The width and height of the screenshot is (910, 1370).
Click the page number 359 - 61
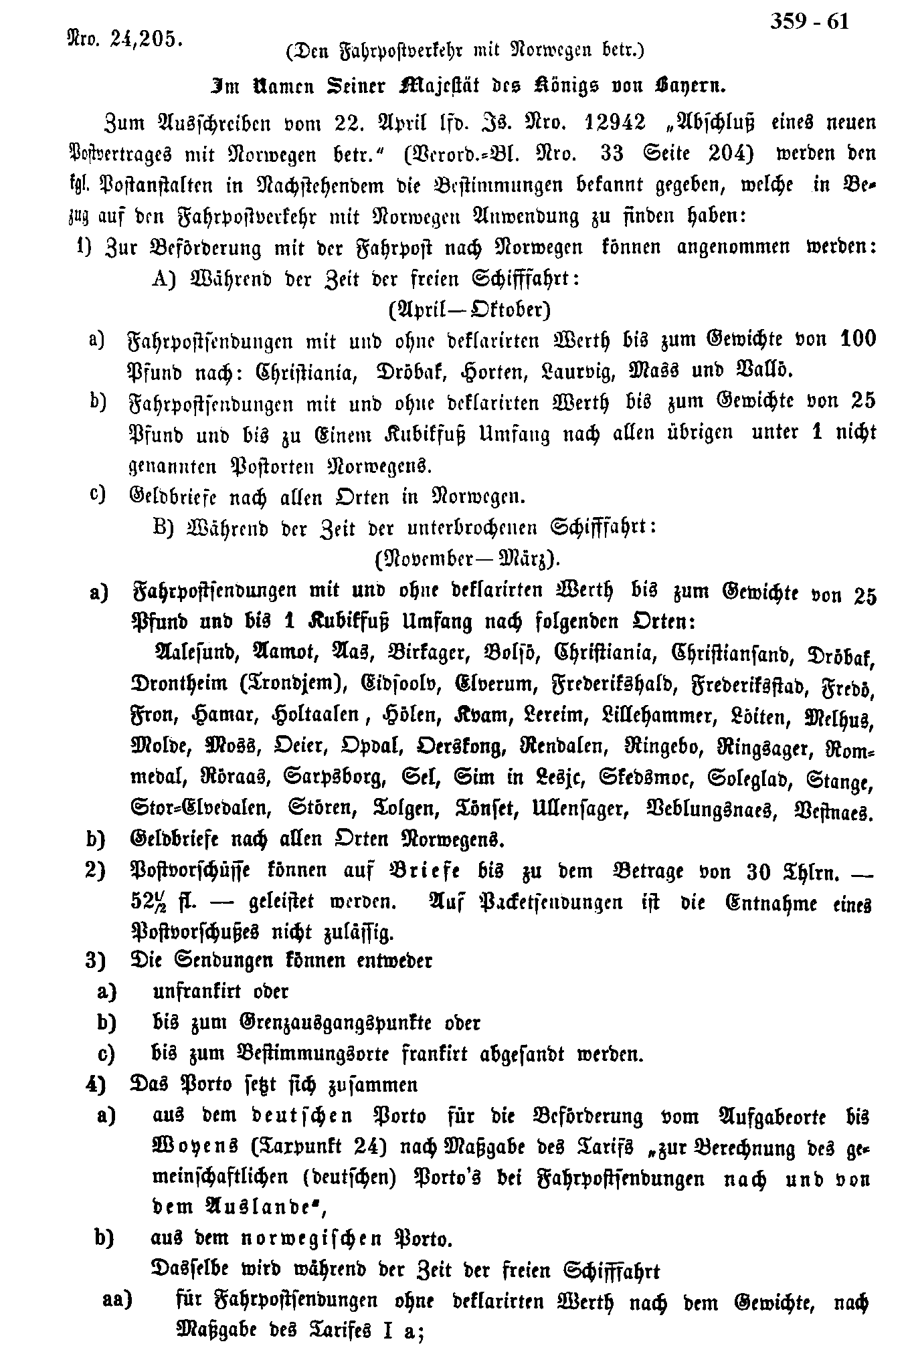pos(810,22)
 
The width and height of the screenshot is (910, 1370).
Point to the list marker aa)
pos(118,1300)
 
